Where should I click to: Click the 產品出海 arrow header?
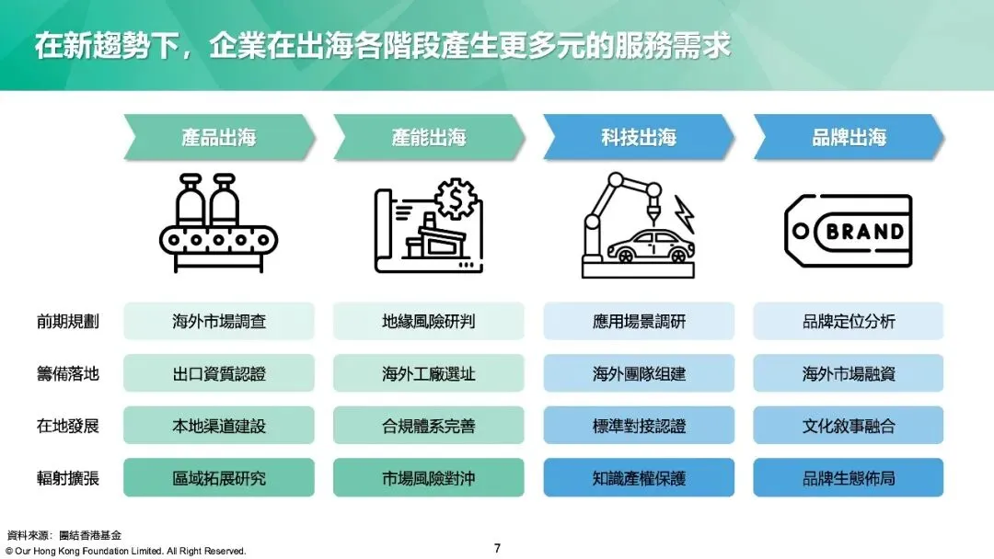[219, 138]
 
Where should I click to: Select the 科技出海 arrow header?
[639, 138]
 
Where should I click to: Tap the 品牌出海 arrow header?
[849, 138]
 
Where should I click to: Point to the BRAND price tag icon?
[848, 230]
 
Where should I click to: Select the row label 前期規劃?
[67, 322]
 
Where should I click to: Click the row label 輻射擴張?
[67, 478]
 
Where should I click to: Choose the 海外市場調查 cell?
[219, 322]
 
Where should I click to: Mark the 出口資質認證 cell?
[219, 374]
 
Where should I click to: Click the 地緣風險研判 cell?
[429, 322]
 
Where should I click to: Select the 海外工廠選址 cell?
[429, 374]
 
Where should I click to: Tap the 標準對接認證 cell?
[639, 427]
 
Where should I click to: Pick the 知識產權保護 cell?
[639, 478]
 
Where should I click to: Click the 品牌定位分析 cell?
[849, 322]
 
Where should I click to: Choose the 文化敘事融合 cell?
[849, 427]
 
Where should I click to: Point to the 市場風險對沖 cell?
[429, 478]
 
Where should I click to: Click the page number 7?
[497, 549]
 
